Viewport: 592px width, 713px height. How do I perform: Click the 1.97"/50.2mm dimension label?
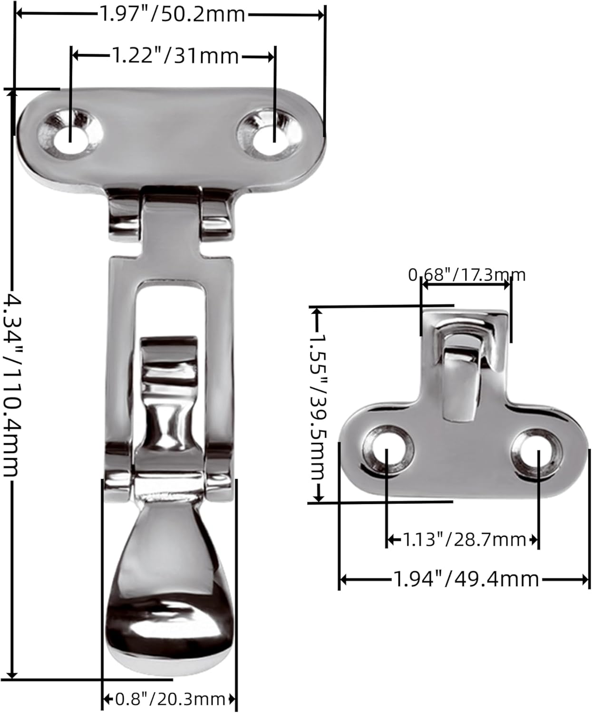(x=172, y=15)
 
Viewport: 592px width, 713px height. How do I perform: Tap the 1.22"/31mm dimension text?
(x=175, y=57)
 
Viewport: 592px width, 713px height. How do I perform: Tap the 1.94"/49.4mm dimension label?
(x=466, y=579)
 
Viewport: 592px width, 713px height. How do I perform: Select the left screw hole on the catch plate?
(x=387, y=449)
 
